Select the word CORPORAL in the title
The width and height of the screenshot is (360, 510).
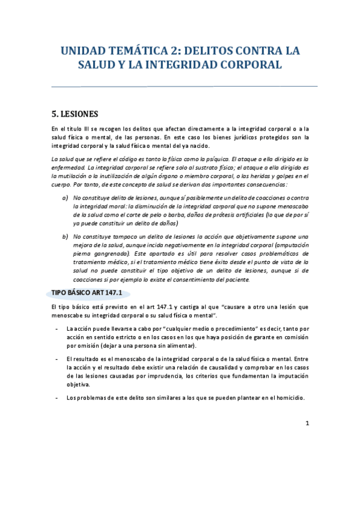252,64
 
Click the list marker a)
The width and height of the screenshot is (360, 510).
65,198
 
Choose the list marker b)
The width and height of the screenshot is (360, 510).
65,237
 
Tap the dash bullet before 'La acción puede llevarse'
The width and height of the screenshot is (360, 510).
56,329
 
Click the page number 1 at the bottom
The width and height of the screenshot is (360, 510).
307,423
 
